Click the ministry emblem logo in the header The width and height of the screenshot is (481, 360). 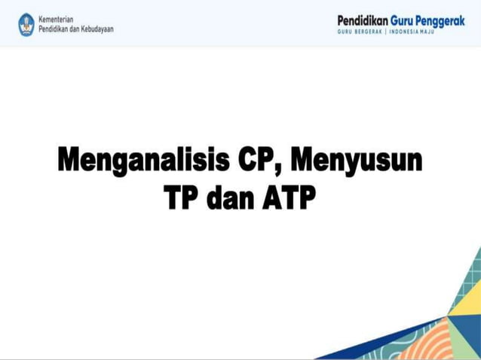(x=26, y=23)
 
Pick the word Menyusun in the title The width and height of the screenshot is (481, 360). (x=357, y=161)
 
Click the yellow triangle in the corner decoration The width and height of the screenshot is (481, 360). (x=464, y=301)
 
